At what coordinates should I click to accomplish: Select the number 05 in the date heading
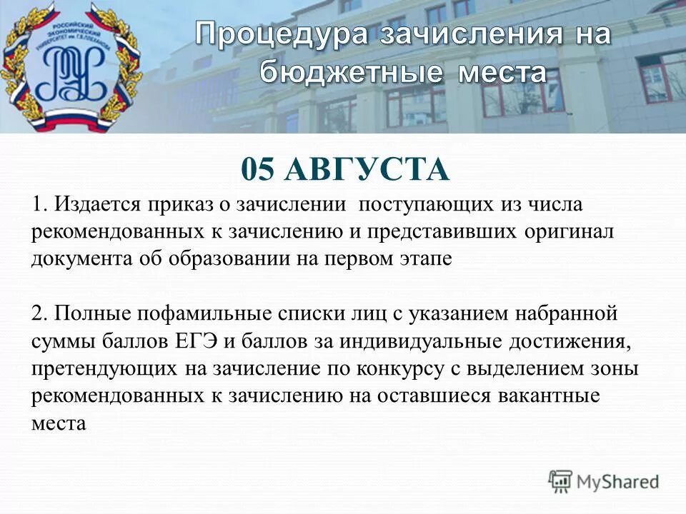click(258, 171)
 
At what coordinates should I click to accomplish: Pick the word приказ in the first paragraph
click(180, 206)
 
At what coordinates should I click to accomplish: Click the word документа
click(76, 258)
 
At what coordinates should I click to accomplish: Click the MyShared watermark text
click(619, 481)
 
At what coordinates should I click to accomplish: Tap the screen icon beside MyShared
click(561, 481)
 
